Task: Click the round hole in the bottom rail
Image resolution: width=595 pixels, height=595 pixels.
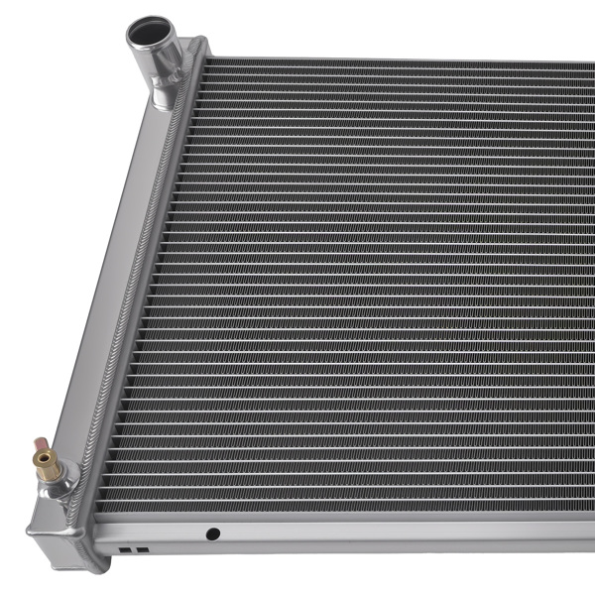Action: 212,534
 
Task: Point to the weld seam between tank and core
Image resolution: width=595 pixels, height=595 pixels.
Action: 149,297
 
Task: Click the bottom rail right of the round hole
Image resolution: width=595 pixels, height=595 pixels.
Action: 397,532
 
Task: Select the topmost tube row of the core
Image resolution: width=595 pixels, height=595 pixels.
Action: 397,69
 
